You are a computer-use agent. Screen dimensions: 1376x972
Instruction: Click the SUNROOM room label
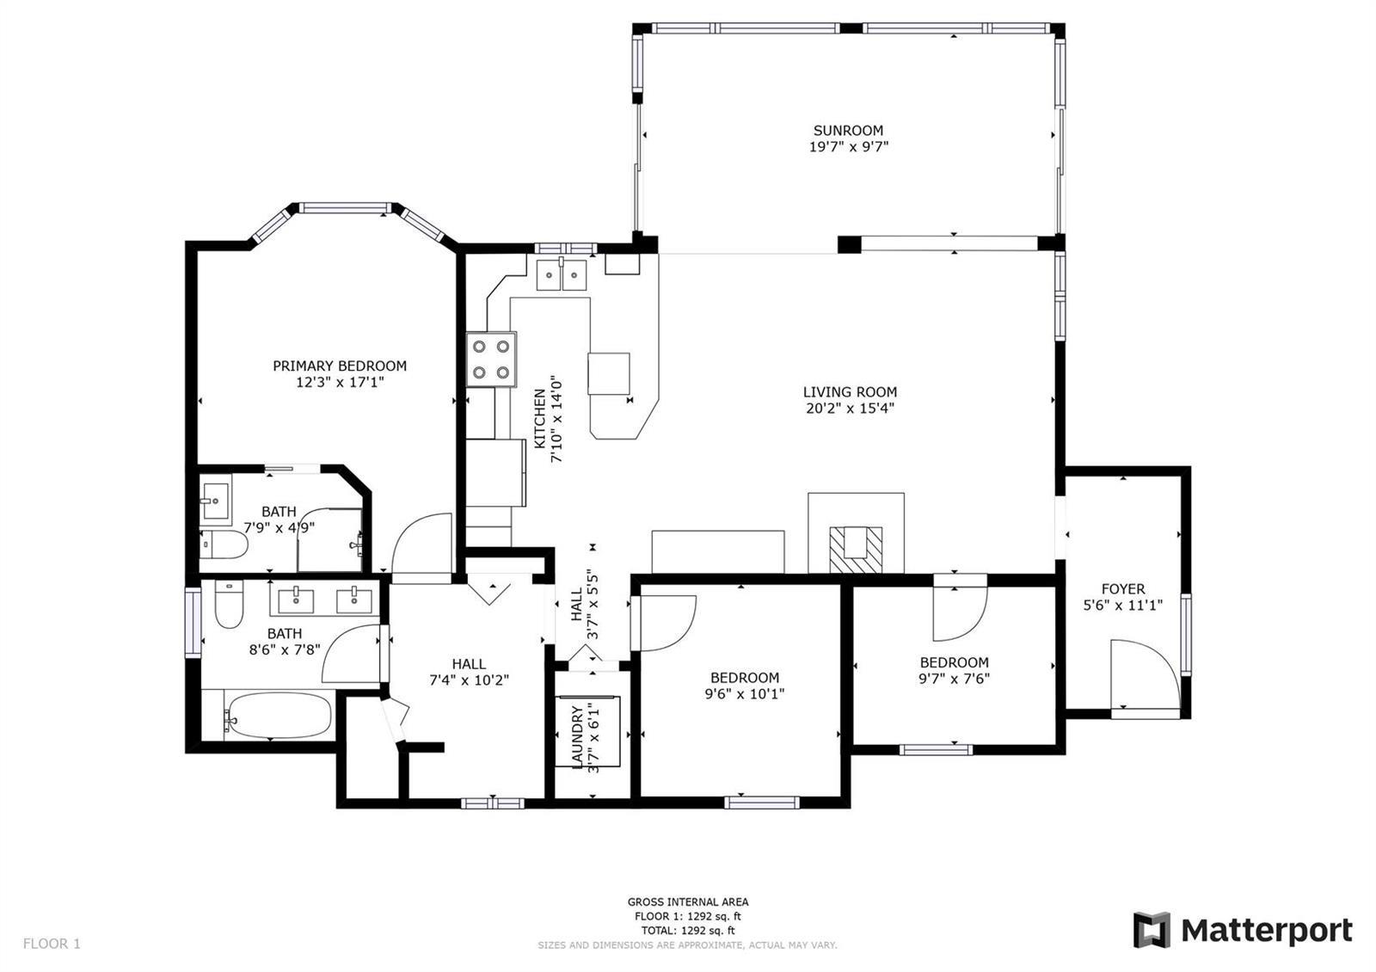pyautogui.click(x=848, y=130)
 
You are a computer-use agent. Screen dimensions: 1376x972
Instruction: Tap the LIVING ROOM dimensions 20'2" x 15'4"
pyautogui.click(x=851, y=408)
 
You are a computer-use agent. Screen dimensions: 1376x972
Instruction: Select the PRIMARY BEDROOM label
pyautogui.click(x=340, y=366)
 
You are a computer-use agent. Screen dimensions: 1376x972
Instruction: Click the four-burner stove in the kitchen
pyautogui.click(x=491, y=360)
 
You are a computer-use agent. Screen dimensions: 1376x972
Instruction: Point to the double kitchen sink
pyautogui.click(x=562, y=274)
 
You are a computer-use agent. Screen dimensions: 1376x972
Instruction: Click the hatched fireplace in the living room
pyautogui.click(x=856, y=550)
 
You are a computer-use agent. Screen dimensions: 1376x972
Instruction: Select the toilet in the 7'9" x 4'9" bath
pyautogui.click(x=224, y=544)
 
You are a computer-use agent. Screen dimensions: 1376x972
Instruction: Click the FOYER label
pyautogui.click(x=1123, y=588)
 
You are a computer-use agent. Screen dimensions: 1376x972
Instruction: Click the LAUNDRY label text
pyautogui.click(x=577, y=737)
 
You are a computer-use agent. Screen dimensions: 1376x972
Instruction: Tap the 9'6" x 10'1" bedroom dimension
pyautogui.click(x=745, y=693)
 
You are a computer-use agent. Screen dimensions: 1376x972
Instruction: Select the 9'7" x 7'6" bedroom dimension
pyautogui.click(x=954, y=679)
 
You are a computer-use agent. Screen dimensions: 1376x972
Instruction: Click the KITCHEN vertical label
pyautogui.click(x=539, y=418)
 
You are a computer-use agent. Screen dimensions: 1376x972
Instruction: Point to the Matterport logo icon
pyautogui.click(x=1152, y=930)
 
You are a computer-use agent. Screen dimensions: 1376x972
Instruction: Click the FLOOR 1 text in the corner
pyautogui.click(x=52, y=943)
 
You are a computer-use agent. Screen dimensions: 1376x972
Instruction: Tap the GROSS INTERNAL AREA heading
pyautogui.click(x=688, y=902)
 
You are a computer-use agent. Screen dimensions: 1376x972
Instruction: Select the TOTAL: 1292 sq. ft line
pyautogui.click(x=688, y=930)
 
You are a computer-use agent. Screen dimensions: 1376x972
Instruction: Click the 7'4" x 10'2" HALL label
pyautogui.click(x=470, y=672)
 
